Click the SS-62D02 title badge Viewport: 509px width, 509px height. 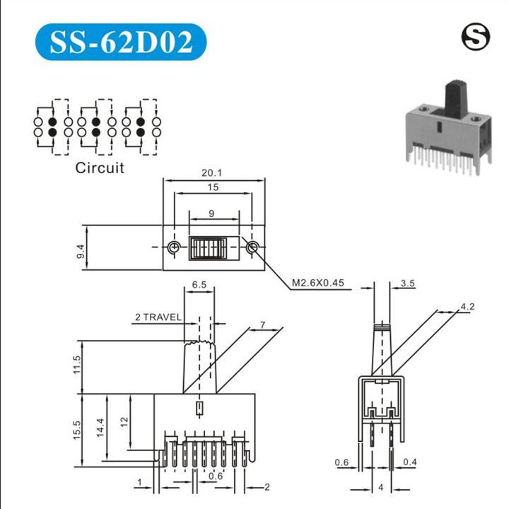[121, 42]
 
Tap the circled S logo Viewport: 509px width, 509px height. [476, 37]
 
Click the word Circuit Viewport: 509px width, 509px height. [100, 168]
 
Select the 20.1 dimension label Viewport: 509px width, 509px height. [211, 172]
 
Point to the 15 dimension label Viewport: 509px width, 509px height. [213, 187]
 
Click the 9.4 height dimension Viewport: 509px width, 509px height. [81, 251]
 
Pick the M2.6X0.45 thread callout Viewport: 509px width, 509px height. [318, 283]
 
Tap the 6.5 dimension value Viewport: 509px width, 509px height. [199, 285]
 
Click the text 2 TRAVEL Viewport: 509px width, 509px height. [158, 317]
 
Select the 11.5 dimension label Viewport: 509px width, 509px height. [77, 365]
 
